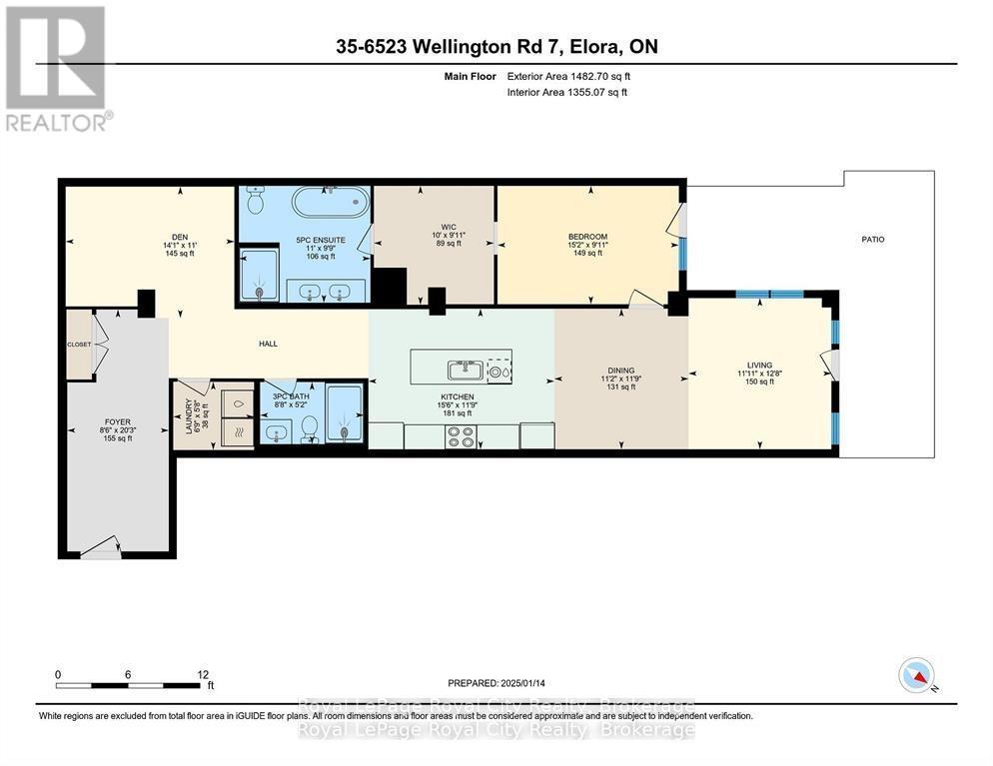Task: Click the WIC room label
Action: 435,226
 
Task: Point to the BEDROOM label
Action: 587,238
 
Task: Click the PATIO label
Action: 872,239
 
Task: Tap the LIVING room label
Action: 759,366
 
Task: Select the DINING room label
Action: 619,371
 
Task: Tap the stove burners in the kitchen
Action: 461,435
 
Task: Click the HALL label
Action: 268,344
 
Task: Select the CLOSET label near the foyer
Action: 79,345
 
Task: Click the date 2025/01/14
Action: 540,683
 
